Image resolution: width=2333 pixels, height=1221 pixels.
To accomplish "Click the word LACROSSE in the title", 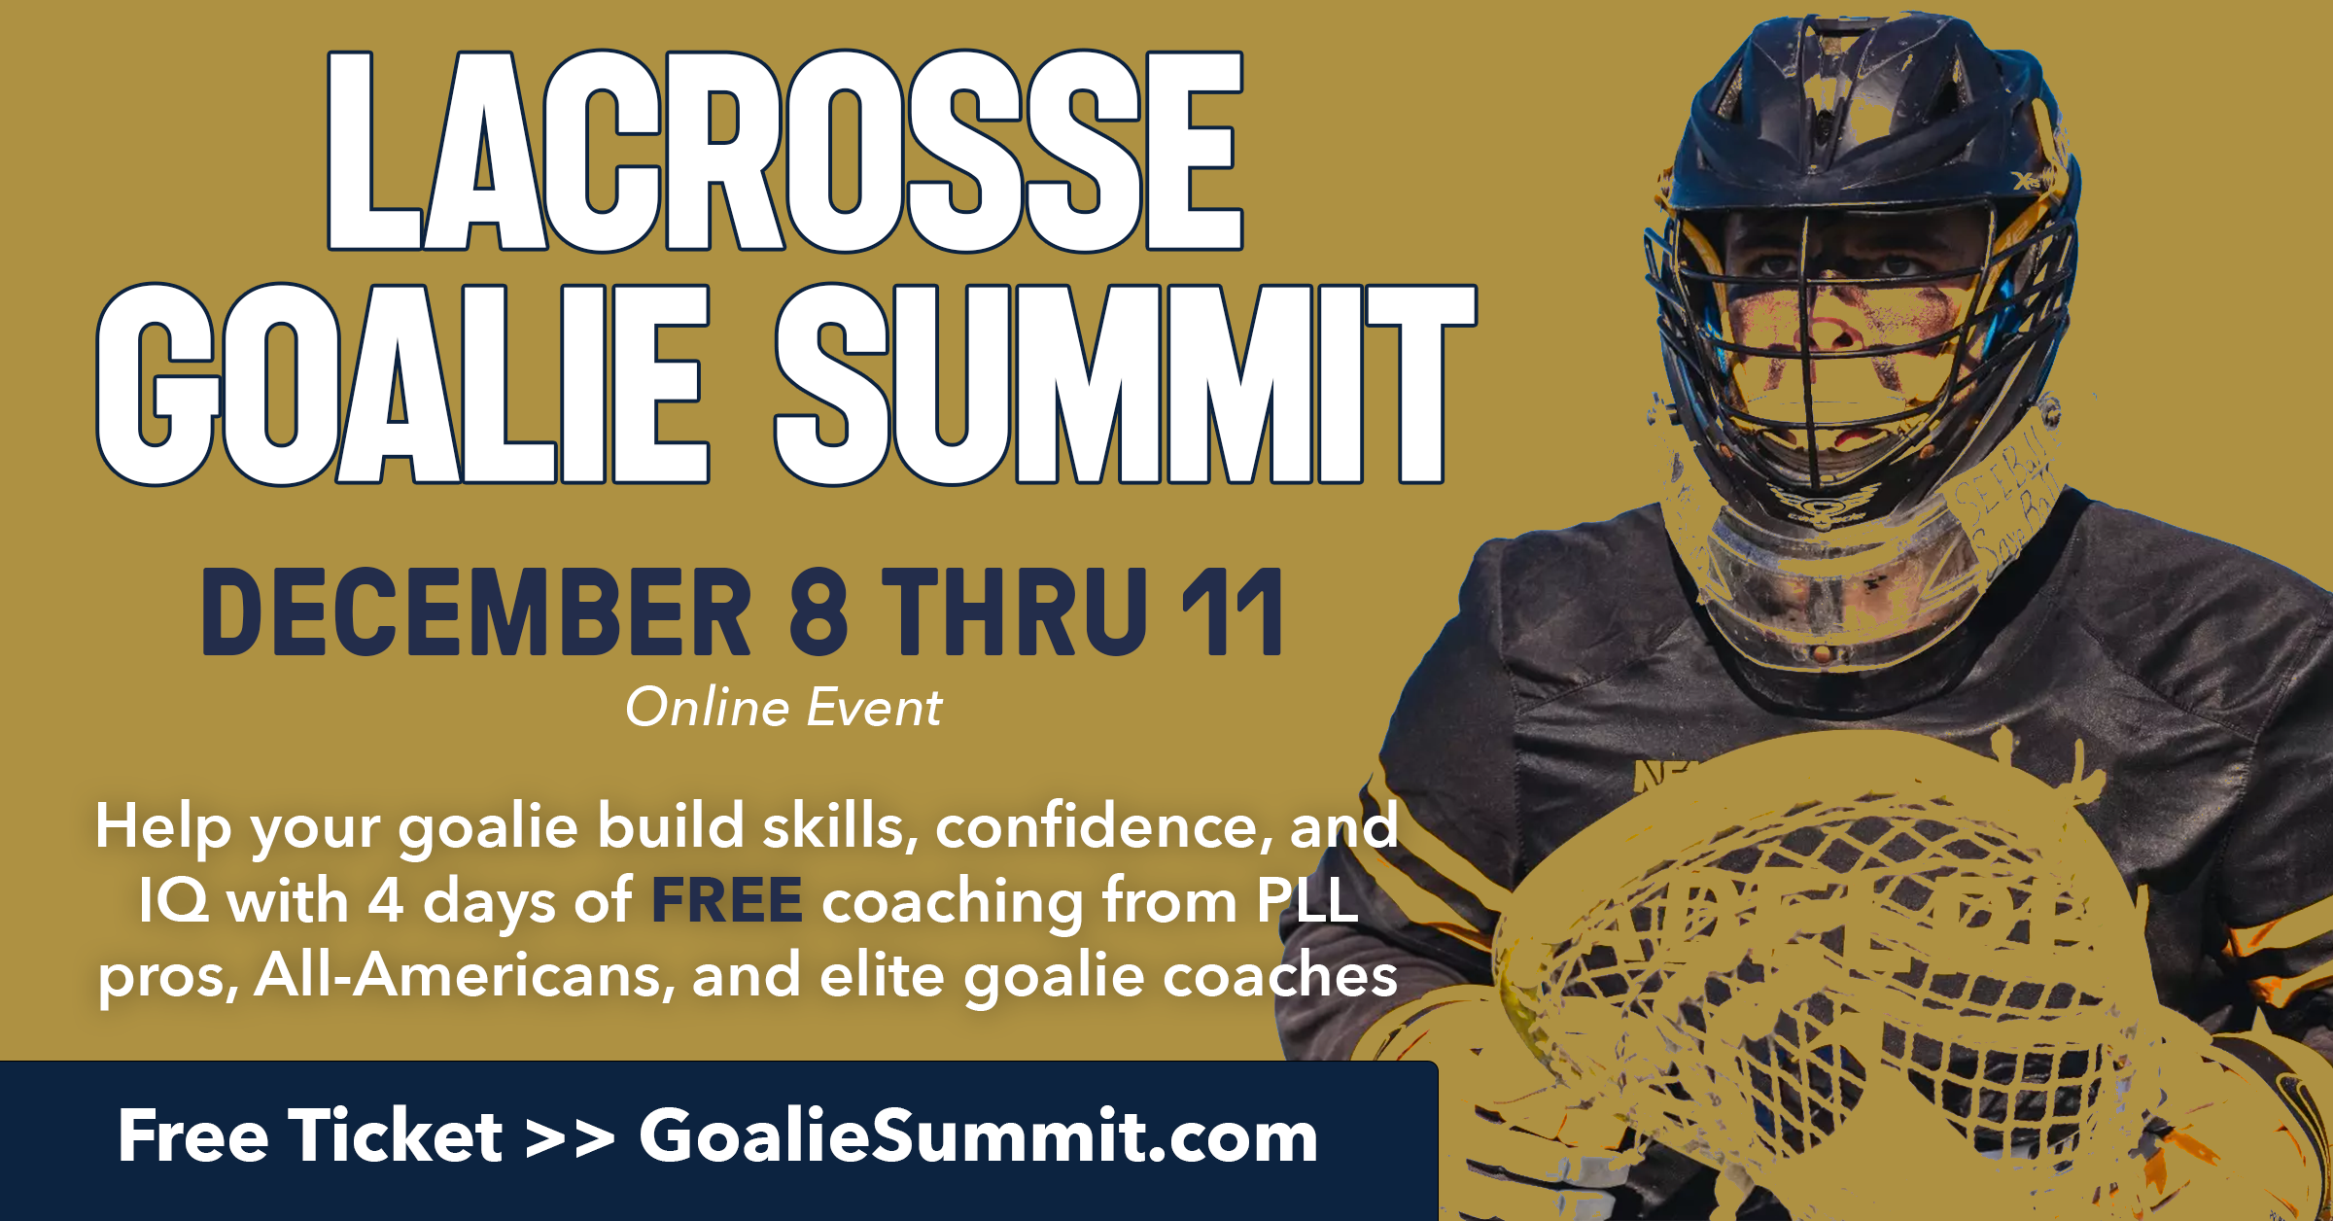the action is [785, 151].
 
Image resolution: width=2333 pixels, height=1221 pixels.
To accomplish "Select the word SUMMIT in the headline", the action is [1126, 385].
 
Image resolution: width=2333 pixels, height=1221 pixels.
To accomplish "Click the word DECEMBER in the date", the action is [476, 612].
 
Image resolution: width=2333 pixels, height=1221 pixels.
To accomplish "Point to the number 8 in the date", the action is [818, 612].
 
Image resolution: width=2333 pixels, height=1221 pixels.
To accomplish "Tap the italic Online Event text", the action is [783, 708].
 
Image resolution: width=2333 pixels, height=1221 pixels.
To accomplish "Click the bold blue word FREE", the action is [727, 900].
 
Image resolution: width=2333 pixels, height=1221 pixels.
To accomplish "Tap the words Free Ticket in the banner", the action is [310, 1135].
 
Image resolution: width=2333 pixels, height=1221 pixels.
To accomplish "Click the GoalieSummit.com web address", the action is [978, 1135].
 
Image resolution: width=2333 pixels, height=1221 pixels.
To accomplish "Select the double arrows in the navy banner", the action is [570, 1138].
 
